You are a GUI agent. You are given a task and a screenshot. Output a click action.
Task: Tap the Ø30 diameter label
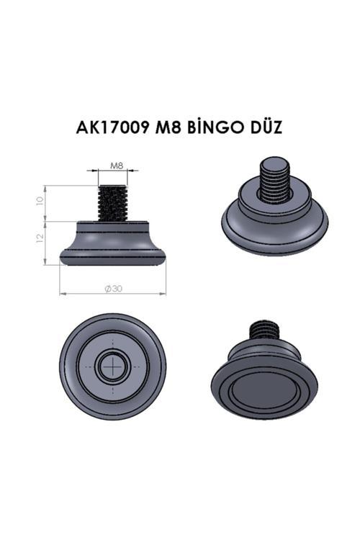point(112,288)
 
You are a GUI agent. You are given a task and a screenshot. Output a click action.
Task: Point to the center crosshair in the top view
point(112,368)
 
